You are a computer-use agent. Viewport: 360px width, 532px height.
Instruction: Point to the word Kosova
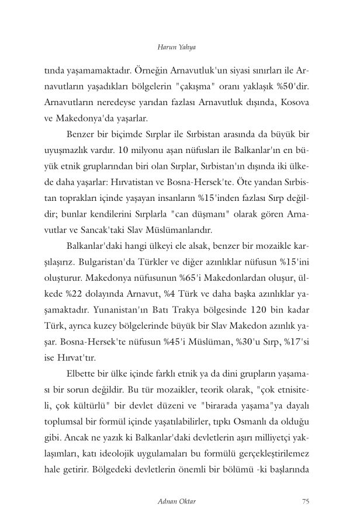coord(296,103)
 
